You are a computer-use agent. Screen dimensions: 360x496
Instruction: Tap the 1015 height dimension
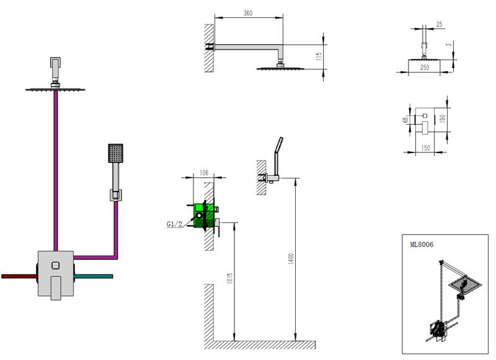229,283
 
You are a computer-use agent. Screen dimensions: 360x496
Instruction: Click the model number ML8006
422,244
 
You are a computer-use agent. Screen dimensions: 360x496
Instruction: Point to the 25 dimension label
440,24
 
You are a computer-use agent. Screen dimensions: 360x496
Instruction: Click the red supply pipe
19,275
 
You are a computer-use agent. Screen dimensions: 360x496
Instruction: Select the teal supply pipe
94,274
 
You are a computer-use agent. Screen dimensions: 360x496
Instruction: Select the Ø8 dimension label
405,120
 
